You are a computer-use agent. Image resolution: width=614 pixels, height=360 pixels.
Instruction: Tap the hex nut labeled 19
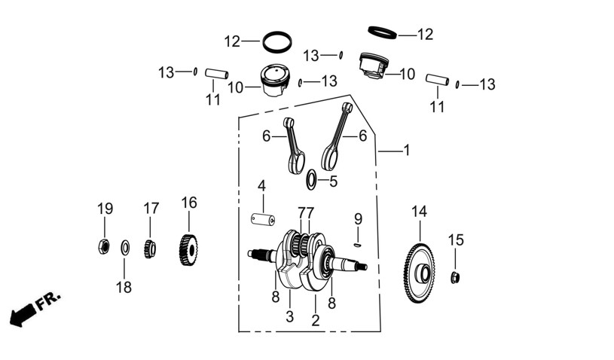click(x=103, y=246)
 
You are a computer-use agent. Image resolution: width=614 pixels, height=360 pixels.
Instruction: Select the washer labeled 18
click(x=125, y=248)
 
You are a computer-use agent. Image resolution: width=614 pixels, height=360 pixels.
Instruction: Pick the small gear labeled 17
click(x=150, y=249)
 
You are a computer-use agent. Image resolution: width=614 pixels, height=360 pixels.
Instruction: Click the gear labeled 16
click(x=188, y=249)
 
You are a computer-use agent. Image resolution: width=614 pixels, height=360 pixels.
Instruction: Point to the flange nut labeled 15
click(x=454, y=277)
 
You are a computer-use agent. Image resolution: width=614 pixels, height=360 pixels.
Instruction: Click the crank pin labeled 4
click(x=262, y=218)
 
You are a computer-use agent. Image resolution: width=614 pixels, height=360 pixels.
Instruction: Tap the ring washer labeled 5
click(x=311, y=179)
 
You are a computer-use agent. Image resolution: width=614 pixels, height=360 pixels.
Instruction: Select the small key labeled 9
click(x=357, y=245)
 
